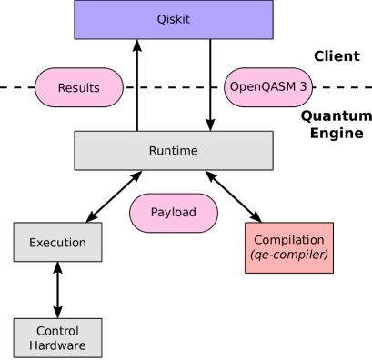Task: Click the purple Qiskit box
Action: (x=173, y=19)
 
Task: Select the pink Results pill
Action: (x=79, y=87)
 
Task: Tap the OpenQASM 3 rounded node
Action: (x=268, y=87)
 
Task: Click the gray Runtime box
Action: (x=173, y=150)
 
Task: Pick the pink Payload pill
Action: (x=173, y=213)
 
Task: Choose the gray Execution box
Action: (x=57, y=242)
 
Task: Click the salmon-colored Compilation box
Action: (x=288, y=247)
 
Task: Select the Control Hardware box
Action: (x=57, y=337)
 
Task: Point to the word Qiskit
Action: (x=173, y=19)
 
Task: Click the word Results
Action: (x=79, y=88)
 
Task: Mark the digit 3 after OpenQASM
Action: (x=301, y=87)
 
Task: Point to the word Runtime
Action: (x=173, y=150)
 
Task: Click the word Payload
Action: (x=173, y=214)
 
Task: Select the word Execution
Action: (x=57, y=243)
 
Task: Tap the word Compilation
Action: (x=288, y=240)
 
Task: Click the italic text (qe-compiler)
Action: (x=288, y=255)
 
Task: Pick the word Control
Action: (x=57, y=331)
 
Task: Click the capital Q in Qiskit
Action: (x=159, y=19)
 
